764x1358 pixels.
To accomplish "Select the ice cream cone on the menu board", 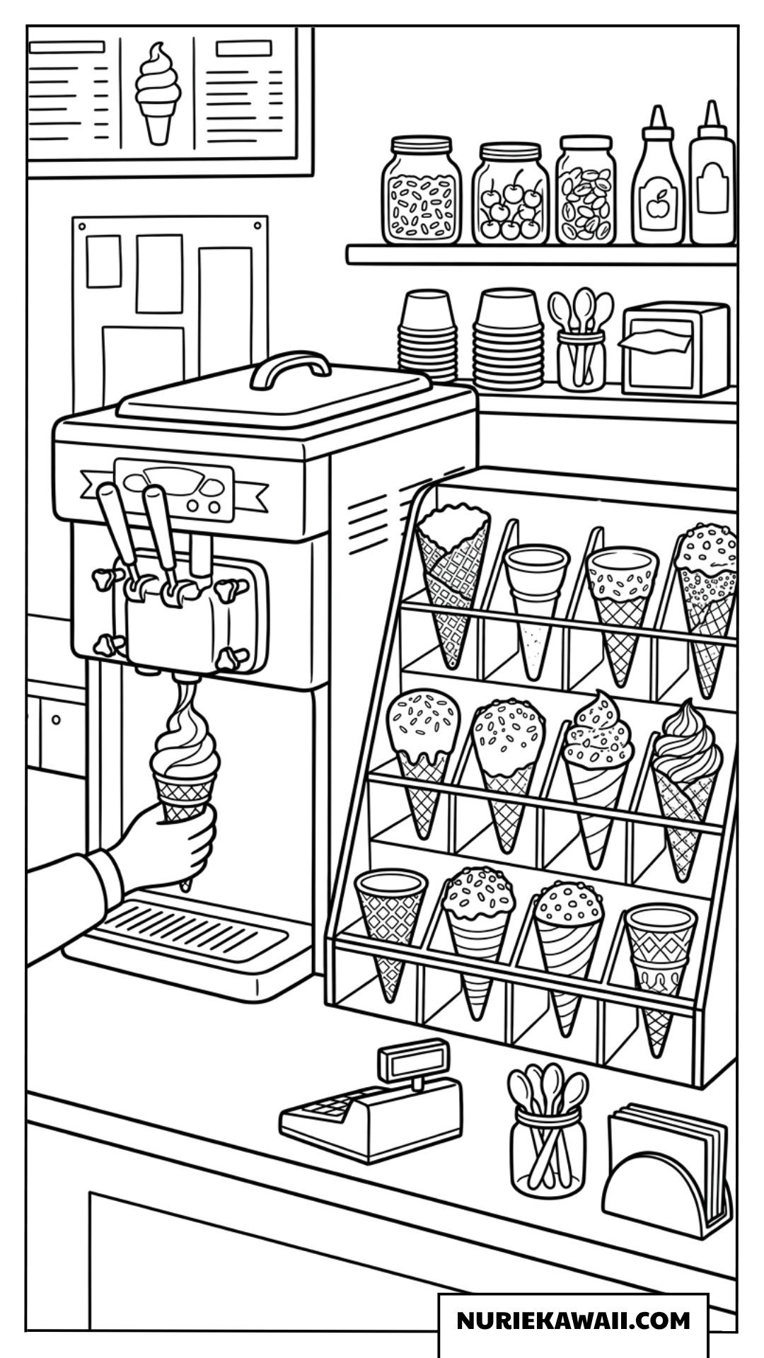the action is pyautogui.click(x=158, y=93).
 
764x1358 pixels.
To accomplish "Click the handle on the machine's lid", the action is pyautogui.click(x=290, y=368).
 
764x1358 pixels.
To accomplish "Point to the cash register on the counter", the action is pyautogui.click(x=371, y=1103).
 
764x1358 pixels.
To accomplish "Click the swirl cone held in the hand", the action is pyautogui.click(x=185, y=771).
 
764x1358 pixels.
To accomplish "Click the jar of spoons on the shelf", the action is pyautogui.click(x=581, y=339).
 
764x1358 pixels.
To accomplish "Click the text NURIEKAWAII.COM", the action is pyautogui.click(x=573, y=1320).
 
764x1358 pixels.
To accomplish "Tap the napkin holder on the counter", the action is pyautogui.click(x=666, y=1170).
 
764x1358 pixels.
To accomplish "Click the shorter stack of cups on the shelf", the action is pyautogui.click(x=429, y=335).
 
